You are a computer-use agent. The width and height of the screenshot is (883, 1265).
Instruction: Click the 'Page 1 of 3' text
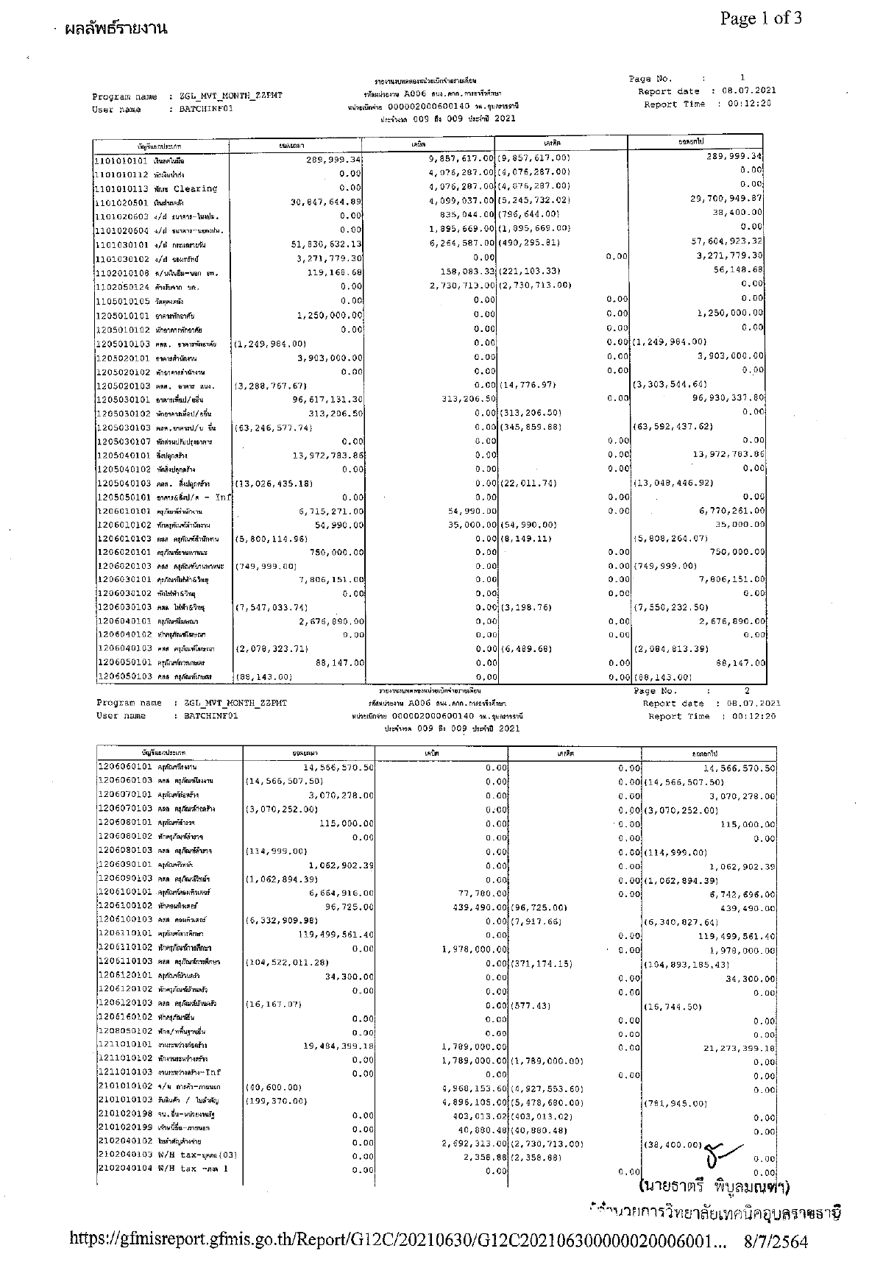761,18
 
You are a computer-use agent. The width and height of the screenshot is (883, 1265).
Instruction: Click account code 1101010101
122,159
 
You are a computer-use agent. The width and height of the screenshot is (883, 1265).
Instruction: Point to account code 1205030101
122,400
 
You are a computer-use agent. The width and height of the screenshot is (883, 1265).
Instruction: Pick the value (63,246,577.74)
272,428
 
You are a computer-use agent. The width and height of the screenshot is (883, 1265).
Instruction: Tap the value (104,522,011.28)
287,963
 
